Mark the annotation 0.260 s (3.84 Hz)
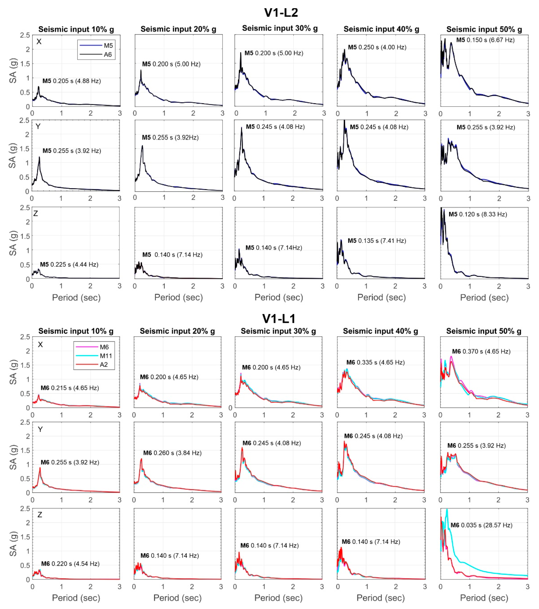click(x=172, y=453)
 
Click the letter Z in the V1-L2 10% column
click(x=35, y=213)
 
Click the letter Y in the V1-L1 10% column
click(x=40, y=429)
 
